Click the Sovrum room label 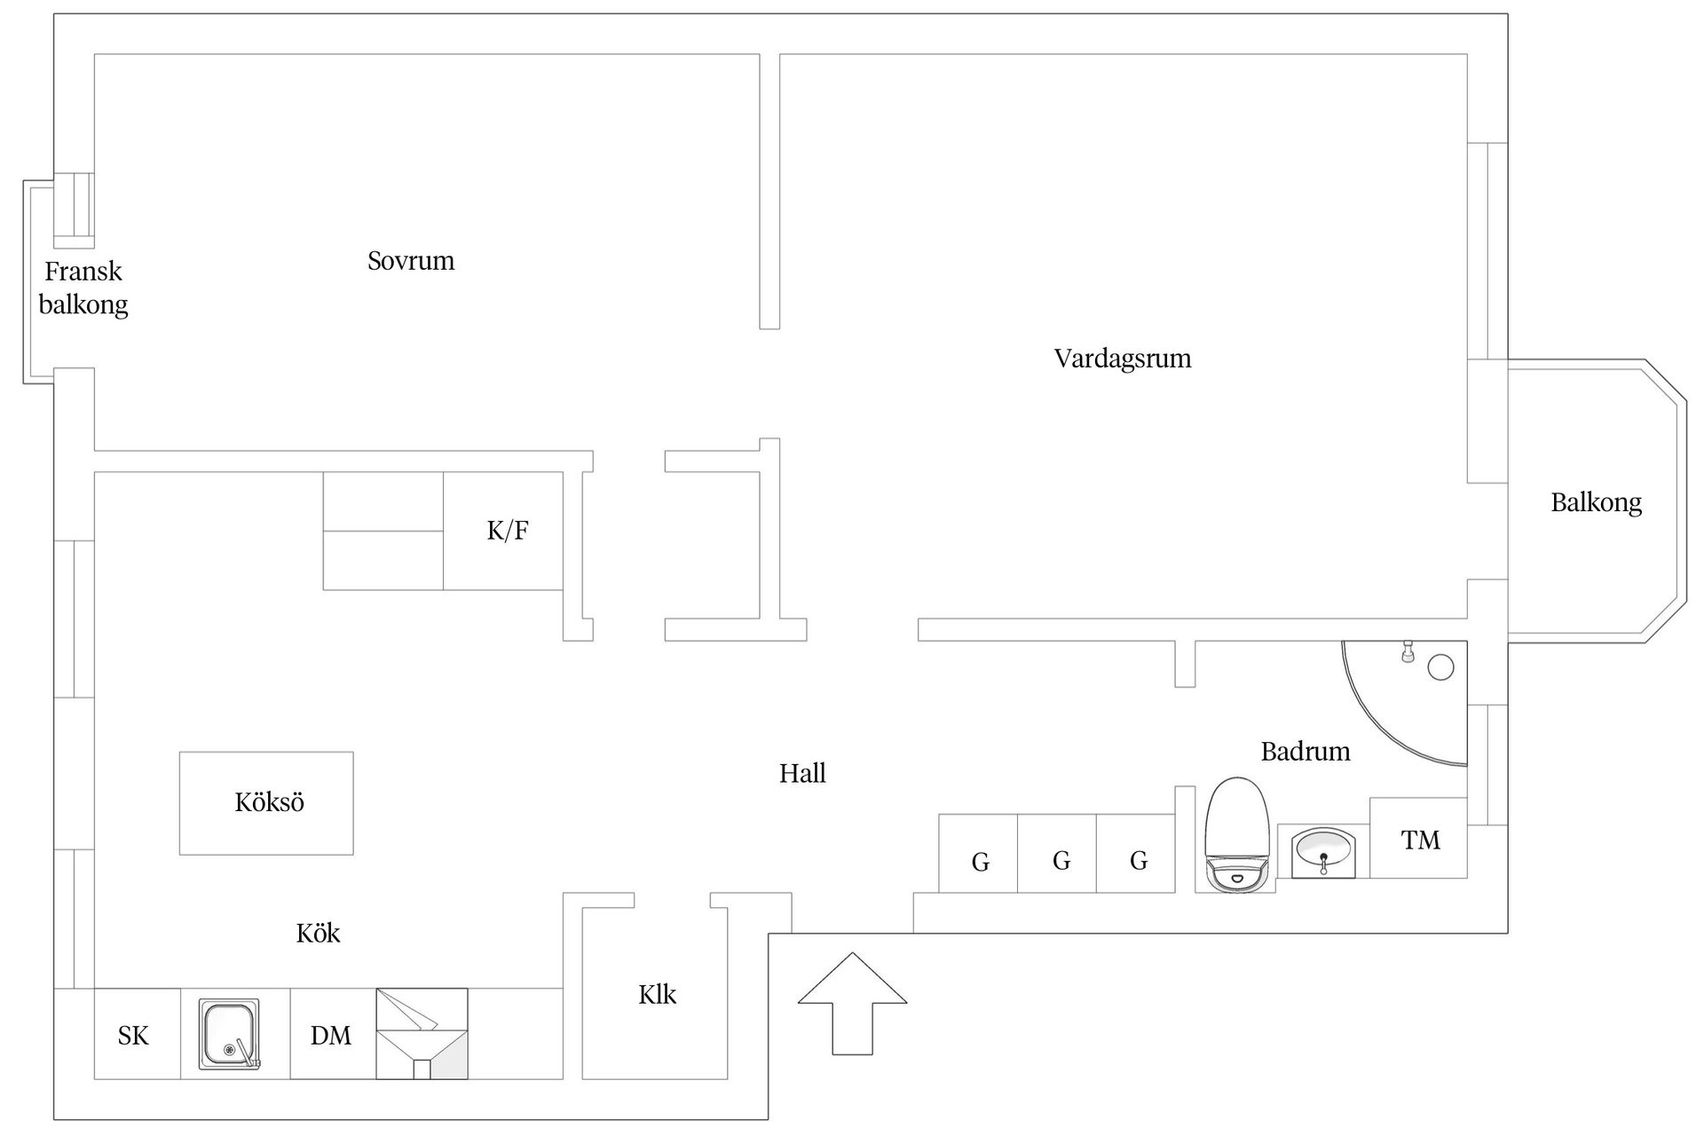tap(411, 261)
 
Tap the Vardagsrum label tap(1123, 359)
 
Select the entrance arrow tap(852, 1004)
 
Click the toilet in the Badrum tap(1235, 834)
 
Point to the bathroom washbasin tap(1323, 851)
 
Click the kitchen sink tap(230, 1034)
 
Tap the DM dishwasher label tap(331, 1036)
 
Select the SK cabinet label tap(133, 1036)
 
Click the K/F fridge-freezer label tap(508, 531)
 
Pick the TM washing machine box tap(1418, 838)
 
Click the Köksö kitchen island tap(266, 803)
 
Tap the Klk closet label tap(657, 995)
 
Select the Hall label tap(802, 774)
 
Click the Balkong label tap(1596, 503)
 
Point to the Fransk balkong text tap(83, 288)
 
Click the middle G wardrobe tap(1057, 853)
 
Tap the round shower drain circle tap(1440, 667)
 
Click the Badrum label tap(1306, 752)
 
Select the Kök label tap(318, 933)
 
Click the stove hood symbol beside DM tap(422, 1034)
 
